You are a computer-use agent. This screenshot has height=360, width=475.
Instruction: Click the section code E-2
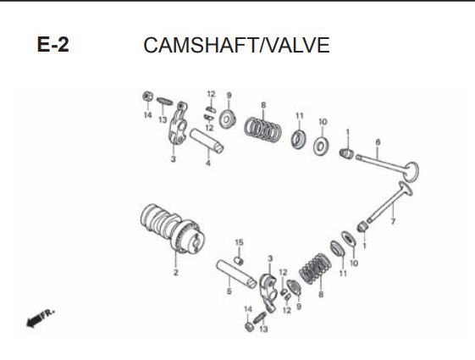[53, 45]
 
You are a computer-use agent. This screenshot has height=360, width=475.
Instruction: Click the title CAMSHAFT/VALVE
[236, 45]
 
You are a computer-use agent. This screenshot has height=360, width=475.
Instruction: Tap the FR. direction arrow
[41, 318]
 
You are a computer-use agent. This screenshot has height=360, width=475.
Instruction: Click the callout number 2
[176, 273]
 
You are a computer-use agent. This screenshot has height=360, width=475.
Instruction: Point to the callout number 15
[239, 242]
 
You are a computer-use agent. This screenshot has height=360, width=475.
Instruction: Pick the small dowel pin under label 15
[240, 260]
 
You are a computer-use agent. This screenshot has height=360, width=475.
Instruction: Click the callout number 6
[378, 142]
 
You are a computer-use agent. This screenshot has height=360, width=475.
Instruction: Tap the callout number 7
[393, 222]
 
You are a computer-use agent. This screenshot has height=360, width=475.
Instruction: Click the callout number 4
[208, 163]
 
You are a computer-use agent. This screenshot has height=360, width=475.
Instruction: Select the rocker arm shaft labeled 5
[236, 274]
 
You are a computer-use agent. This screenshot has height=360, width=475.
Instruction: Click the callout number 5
[229, 291]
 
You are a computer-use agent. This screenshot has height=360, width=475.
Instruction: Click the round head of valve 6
[412, 172]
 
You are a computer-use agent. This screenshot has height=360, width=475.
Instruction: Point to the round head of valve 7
[406, 189]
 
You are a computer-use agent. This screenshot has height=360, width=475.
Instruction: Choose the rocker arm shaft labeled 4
[207, 141]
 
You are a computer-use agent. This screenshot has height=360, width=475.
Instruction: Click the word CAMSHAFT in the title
[202, 45]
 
